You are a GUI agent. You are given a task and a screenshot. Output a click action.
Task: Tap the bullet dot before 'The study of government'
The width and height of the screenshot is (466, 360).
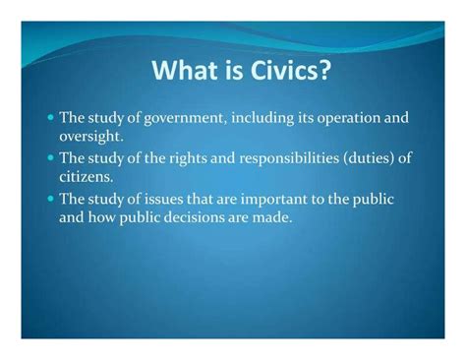pyautogui.click(x=50, y=117)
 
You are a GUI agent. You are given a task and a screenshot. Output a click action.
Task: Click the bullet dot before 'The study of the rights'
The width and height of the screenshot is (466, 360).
pyautogui.click(x=50, y=156)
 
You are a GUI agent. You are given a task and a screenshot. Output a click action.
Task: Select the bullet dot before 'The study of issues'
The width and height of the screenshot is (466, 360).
pyautogui.click(x=50, y=197)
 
